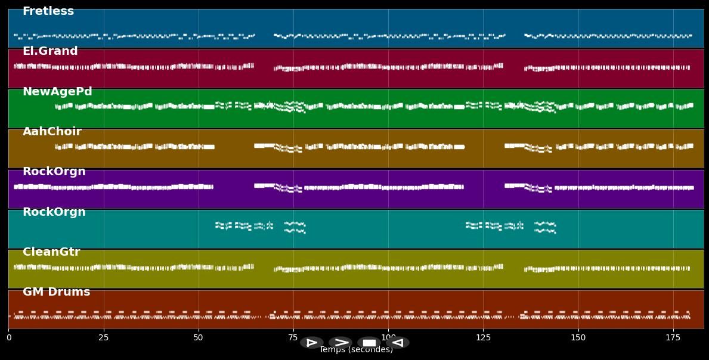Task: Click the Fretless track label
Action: click(48, 11)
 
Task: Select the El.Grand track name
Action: click(50, 51)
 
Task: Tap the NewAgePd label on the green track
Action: click(57, 92)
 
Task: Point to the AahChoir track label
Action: click(52, 132)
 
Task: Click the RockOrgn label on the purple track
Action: click(54, 172)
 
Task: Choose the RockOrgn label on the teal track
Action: click(54, 212)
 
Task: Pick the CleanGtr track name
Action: click(51, 252)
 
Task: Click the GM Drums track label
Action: click(56, 292)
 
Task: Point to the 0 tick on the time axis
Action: click(8, 338)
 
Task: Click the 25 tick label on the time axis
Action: click(104, 338)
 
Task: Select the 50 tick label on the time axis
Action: click(199, 338)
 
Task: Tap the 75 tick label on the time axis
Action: click(293, 338)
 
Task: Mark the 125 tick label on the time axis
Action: click(483, 338)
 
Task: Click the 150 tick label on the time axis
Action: click(578, 338)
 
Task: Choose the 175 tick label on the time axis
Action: click(673, 338)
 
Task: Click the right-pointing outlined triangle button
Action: click(312, 343)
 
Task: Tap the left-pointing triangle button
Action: click(398, 343)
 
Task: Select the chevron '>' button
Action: click(340, 343)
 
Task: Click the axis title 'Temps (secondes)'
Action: click(356, 350)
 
